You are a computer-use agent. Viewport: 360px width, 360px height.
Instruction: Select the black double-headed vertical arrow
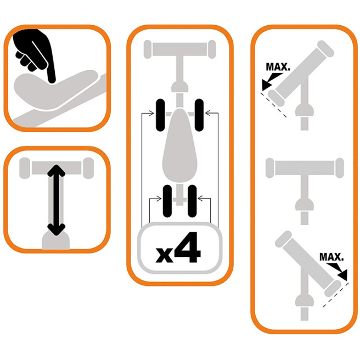pyautogui.click(x=56, y=200)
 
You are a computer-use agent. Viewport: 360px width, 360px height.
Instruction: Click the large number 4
pyautogui.click(x=187, y=248)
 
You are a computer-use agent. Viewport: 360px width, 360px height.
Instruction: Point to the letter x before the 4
pyautogui.click(x=164, y=255)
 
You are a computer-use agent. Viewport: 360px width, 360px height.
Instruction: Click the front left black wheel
pyautogui.click(x=160, y=115)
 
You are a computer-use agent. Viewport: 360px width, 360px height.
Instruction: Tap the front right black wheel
pyautogui.click(x=199, y=115)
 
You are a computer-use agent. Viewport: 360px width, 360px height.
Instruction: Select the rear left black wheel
pyautogui.click(x=167, y=201)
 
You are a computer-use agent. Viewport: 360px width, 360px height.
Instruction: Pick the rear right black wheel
pyautogui.click(x=192, y=201)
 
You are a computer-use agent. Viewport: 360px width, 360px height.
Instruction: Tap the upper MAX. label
pyautogui.click(x=278, y=67)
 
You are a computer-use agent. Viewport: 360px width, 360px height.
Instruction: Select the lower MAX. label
pyautogui.click(x=331, y=257)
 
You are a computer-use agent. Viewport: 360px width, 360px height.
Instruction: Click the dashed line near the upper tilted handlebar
pyautogui.click(x=273, y=105)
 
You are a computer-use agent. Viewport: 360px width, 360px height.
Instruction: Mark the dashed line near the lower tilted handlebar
pyautogui.click(x=336, y=295)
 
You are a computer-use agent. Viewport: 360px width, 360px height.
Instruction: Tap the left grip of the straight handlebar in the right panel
pyautogui.click(x=270, y=168)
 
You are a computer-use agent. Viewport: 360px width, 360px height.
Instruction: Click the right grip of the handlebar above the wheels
pyautogui.click(x=212, y=49)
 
